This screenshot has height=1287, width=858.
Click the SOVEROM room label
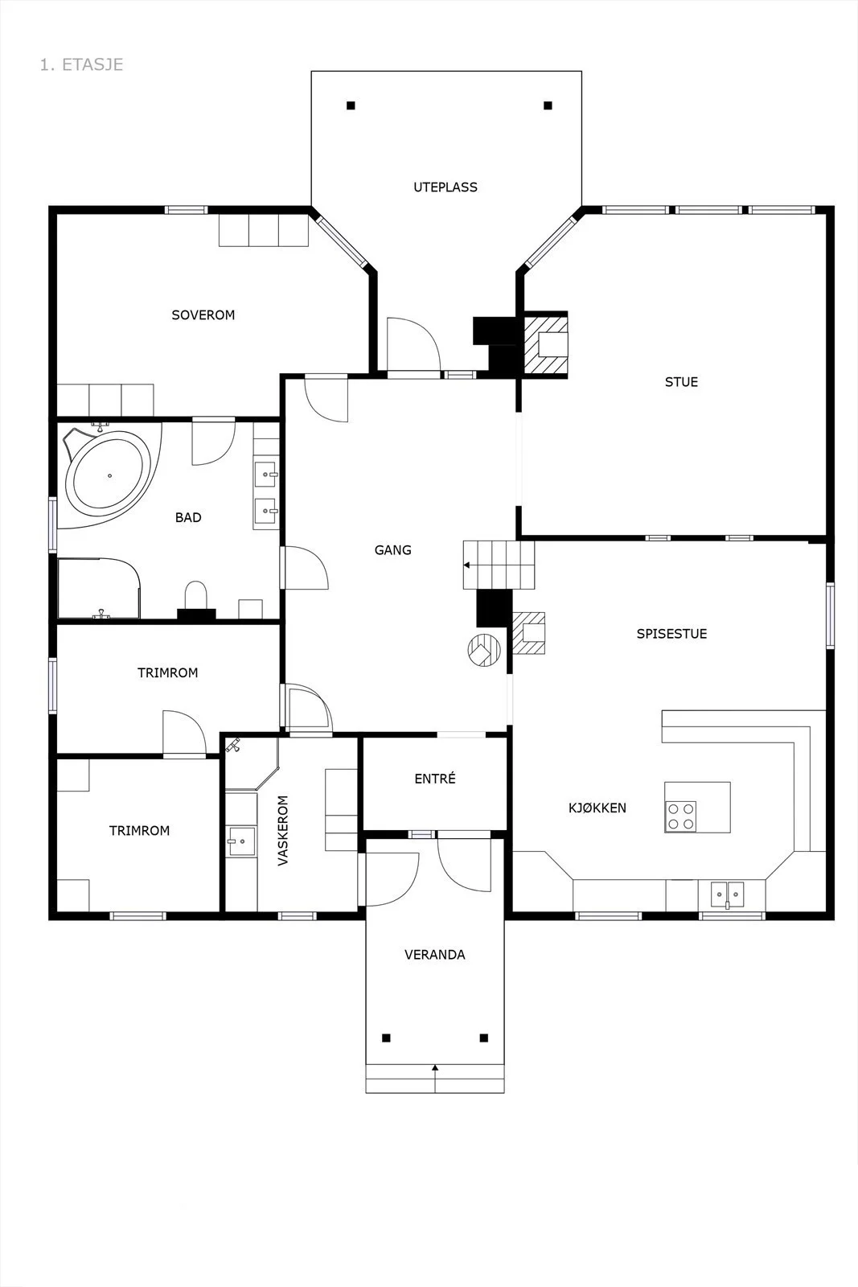(203, 315)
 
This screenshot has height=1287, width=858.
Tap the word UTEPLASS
(445, 187)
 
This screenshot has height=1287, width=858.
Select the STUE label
(682, 382)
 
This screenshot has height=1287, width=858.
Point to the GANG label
(393, 550)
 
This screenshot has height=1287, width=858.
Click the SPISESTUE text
(672, 634)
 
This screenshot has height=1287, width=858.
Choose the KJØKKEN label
(597, 808)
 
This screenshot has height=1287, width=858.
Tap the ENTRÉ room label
(435, 779)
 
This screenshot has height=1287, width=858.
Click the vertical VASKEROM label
(282, 830)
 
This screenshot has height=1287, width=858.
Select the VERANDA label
(435, 955)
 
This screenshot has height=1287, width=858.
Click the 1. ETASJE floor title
(81, 64)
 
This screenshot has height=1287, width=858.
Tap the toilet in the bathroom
(196, 595)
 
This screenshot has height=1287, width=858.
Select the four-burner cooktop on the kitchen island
(680, 816)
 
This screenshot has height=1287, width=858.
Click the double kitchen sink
(727, 894)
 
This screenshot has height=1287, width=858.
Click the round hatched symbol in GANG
(483, 651)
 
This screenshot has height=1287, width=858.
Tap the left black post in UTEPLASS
(351, 105)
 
